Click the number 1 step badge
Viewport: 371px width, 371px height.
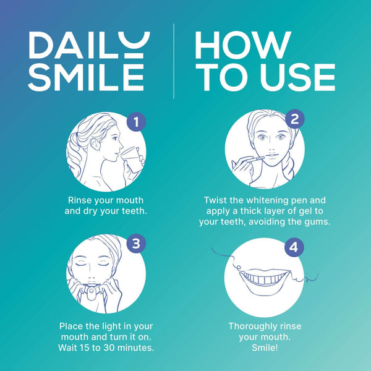pos(136,122)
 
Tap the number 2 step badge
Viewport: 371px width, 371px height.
pos(294,120)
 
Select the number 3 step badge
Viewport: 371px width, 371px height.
pos(136,243)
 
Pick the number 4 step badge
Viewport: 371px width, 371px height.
pos(294,247)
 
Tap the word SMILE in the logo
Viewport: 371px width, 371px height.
pos(86,77)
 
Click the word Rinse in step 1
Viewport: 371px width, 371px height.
pos(80,200)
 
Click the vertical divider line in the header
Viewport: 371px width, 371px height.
pos(174,61)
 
